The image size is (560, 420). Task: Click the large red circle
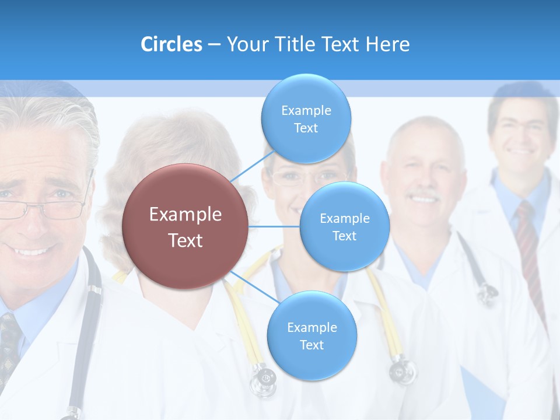tap(185, 227)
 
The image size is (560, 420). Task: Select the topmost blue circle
tap(306, 119)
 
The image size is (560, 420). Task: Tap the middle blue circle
tap(344, 226)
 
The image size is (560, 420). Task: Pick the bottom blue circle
tap(311, 336)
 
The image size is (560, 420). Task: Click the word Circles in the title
tap(171, 44)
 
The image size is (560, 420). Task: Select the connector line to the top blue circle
tap(248, 167)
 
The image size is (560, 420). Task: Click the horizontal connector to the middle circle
tap(274, 226)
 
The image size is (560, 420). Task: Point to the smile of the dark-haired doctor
tap(522, 151)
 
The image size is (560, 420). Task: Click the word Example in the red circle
tap(185, 215)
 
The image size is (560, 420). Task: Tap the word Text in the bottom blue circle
tap(311, 345)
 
